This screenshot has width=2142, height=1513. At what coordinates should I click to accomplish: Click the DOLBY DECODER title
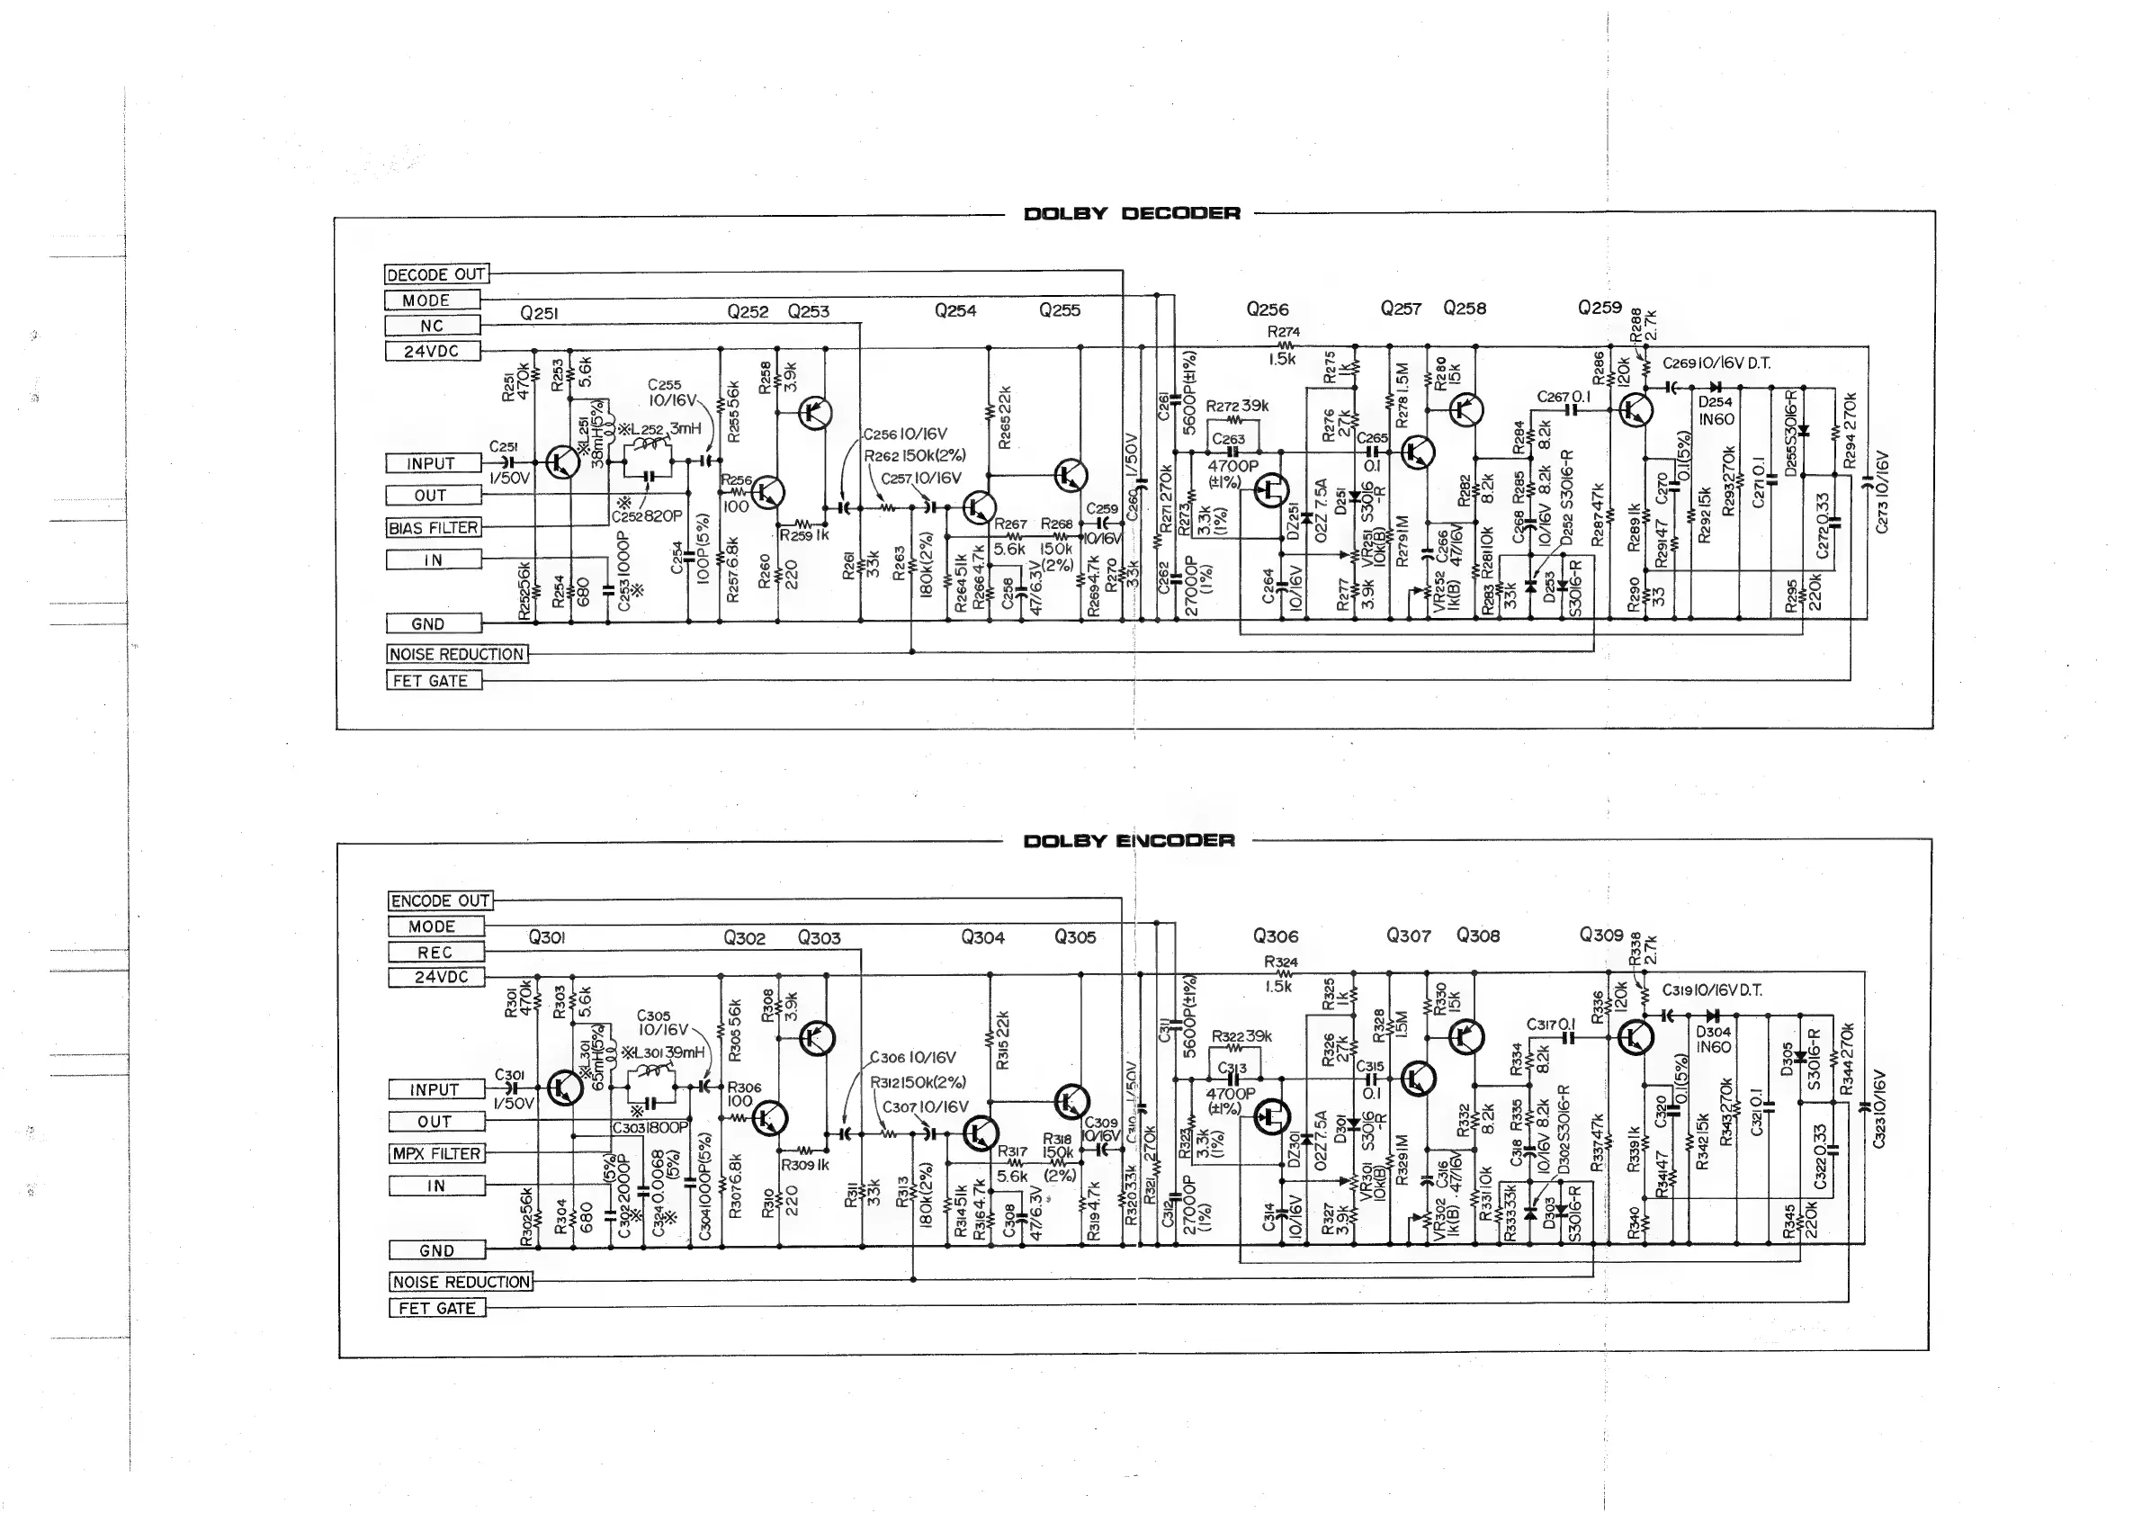pos(1132,213)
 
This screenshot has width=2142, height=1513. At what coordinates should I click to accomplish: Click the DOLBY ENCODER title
pos(1129,840)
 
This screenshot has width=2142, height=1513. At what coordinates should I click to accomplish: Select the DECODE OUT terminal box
pos(435,274)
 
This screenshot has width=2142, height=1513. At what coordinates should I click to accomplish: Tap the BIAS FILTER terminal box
pos(433,528)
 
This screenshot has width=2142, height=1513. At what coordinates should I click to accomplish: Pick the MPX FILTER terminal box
pos(436,1154)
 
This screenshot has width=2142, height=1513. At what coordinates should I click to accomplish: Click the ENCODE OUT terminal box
pos(439,901)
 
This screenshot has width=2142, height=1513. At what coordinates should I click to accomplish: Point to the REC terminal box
pos(435,953)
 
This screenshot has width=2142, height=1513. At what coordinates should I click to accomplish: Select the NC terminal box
pos(432,326)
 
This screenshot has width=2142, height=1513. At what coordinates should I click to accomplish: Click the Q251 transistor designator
pos(539,313)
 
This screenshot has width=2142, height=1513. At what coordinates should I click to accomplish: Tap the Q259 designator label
pos(1599,308)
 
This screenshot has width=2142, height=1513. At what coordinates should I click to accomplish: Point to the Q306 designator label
pos(1276,936)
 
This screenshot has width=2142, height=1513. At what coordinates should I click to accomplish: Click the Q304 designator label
pos(982,937)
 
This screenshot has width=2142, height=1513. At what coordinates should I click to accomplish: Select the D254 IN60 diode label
pos(1716,410)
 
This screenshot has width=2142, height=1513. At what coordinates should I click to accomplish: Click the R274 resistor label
pos(1284,332)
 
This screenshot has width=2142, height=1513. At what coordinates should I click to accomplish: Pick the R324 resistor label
pos(1281,962)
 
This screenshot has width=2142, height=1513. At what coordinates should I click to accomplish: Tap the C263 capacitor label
pos(1228,438)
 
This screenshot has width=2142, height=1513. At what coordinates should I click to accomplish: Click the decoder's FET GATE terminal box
pos(433,681)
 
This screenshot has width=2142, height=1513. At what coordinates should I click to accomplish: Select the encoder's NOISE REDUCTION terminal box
pos(461,1282)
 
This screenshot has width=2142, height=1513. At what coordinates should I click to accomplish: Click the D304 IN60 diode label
pos(1713,1038)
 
